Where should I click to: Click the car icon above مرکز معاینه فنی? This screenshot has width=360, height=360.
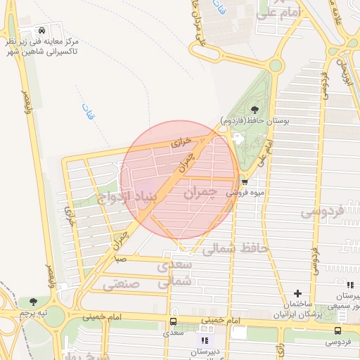43,31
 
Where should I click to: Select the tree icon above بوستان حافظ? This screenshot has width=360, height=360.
254,108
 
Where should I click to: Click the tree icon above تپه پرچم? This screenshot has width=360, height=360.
32,301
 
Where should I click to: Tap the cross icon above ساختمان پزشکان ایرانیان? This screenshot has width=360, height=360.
297,293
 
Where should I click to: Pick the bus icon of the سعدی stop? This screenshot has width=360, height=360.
173,322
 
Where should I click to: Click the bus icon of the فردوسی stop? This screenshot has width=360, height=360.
338,330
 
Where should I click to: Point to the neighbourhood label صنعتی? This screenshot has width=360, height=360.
122,285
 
